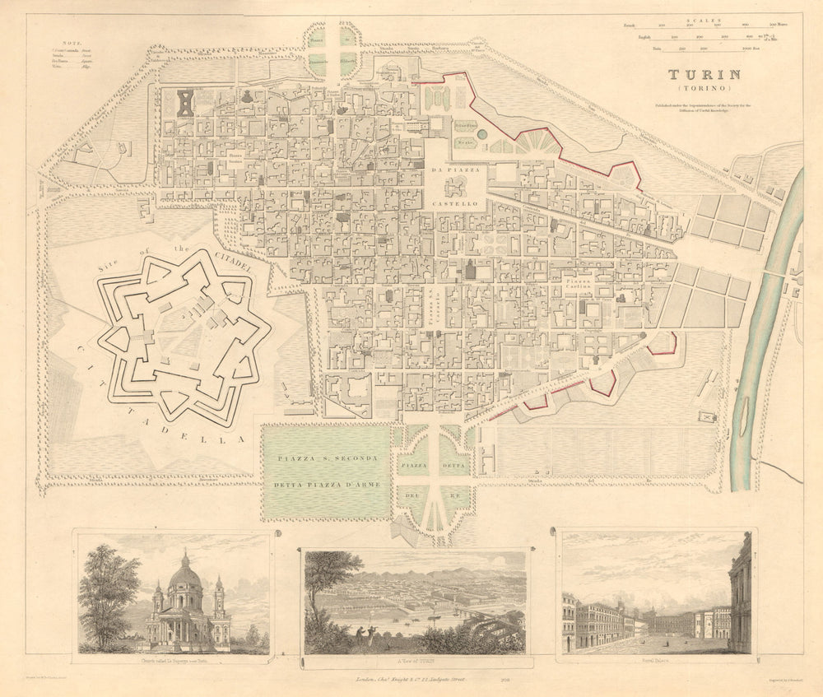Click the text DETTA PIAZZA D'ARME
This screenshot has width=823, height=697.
[328, 485]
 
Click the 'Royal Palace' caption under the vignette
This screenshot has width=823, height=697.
[655, 659]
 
